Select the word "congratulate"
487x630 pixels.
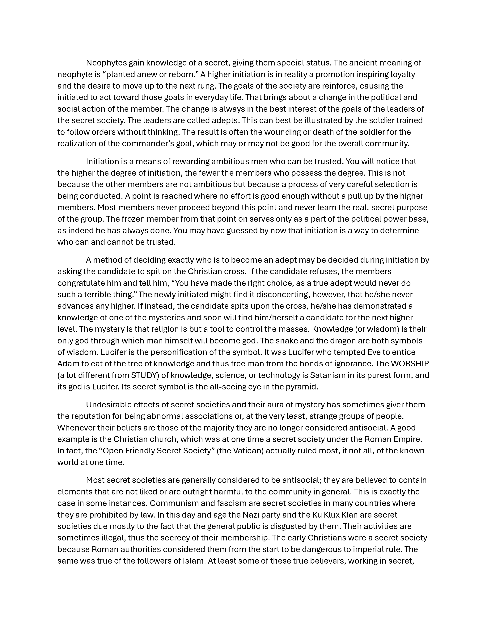coord(82,283)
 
